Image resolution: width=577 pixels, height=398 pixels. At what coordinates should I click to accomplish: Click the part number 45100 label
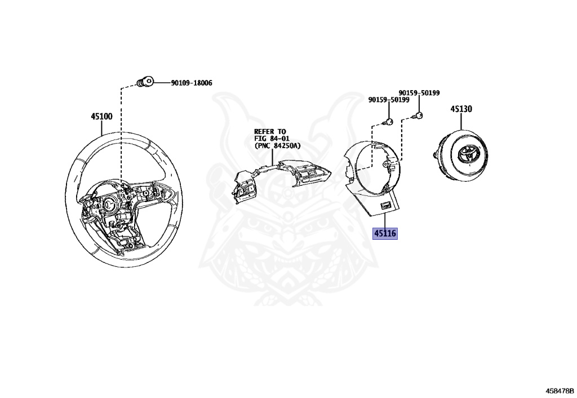(x=101, y=117)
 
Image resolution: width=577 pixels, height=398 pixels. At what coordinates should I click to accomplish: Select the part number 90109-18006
(x=188, y=83)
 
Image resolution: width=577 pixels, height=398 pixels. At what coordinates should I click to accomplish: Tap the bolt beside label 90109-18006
(x=145, y=82)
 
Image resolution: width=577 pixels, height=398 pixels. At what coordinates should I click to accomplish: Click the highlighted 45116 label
(x=385, y=233)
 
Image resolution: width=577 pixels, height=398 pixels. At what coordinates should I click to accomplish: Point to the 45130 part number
(x=460, y=109)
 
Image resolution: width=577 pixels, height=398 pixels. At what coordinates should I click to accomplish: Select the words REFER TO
(x=269, y=132)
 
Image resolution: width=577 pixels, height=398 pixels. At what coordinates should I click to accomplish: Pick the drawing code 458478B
(x=559, y=389)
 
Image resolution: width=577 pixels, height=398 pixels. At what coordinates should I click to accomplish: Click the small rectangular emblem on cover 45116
(x=385, y=206)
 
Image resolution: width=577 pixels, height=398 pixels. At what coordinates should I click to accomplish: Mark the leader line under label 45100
(x=101, y=126)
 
